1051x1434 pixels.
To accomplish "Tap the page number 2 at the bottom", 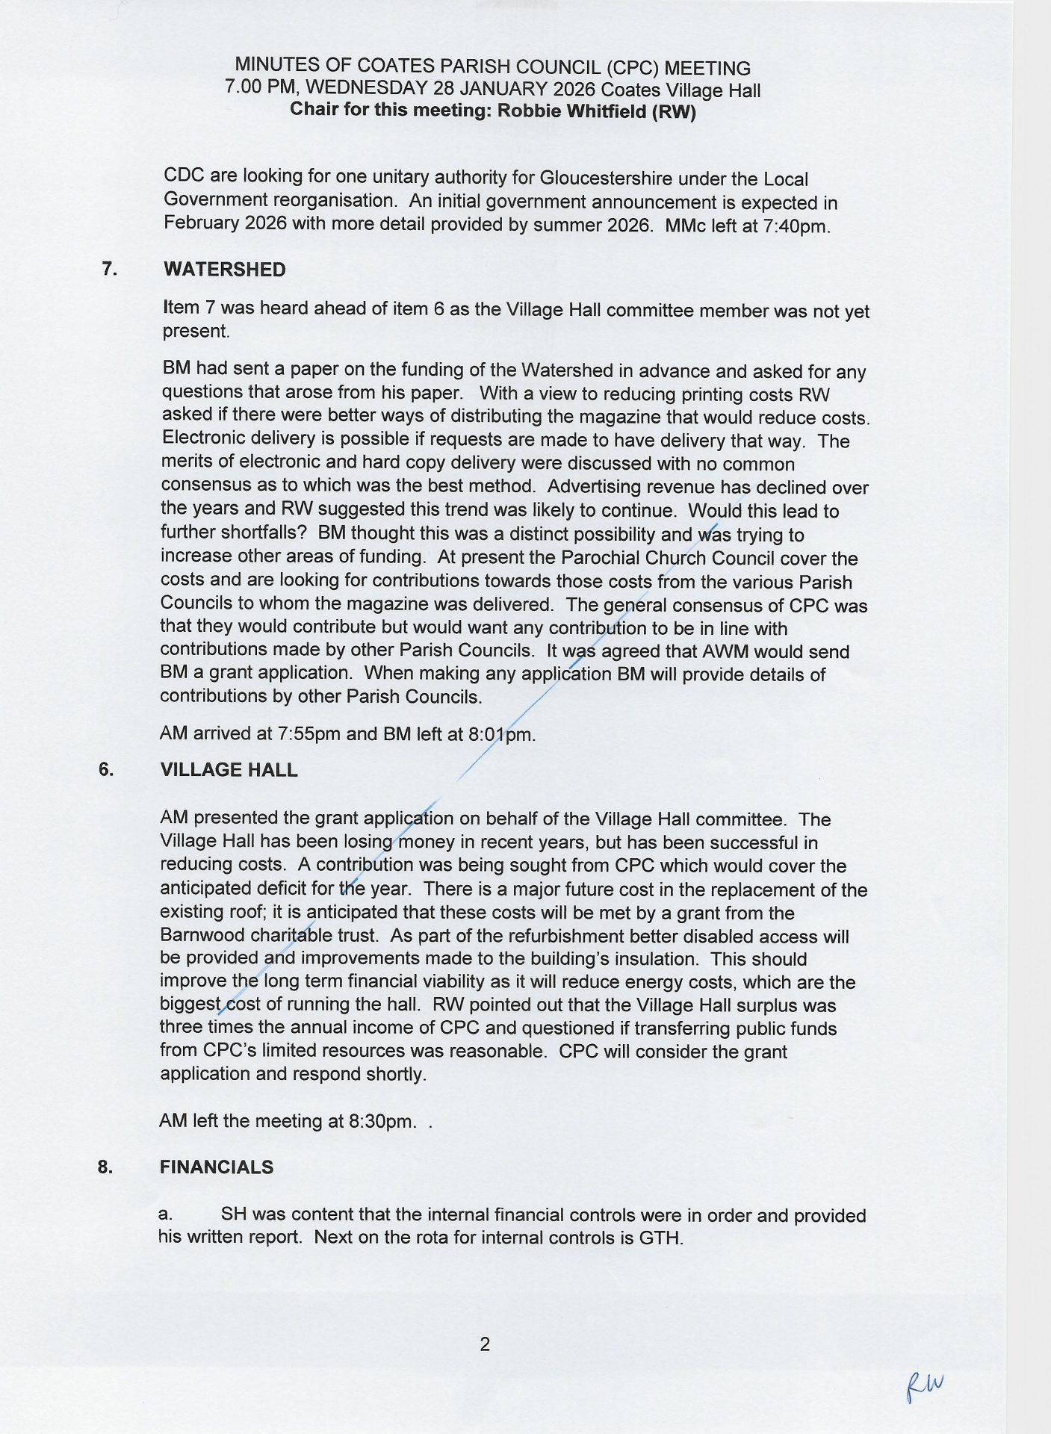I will (485, 1344).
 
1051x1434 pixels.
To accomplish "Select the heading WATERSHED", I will (224, 270).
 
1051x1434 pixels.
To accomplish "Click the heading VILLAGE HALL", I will (229, 771).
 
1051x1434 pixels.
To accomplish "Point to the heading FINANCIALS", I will (216, 1167).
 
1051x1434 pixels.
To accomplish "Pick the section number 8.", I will (105, 1167).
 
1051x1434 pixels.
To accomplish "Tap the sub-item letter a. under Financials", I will (166, 1216).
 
